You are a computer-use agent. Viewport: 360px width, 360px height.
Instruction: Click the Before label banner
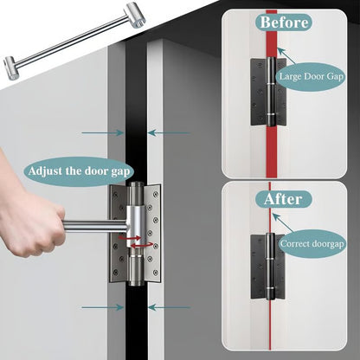pos(284,22)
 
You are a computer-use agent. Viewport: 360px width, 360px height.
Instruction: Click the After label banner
pos(284,199)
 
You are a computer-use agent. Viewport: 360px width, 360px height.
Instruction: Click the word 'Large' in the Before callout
pos(290,75)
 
